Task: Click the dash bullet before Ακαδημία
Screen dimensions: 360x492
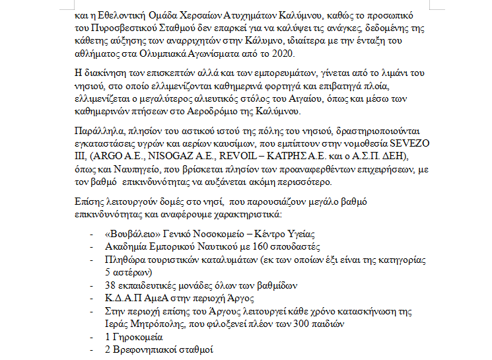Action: [x=91, y=247]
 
